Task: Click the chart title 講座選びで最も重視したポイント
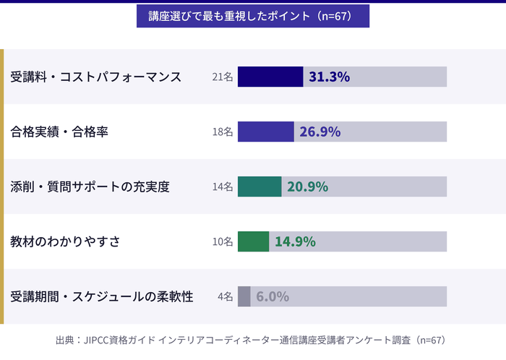pos(253,16)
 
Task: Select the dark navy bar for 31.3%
pos(270,77)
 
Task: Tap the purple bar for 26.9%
pos(265,132)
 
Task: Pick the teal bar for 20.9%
pos(260,187)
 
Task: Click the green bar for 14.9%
pos(253,241)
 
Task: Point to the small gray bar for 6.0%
pos(244,296)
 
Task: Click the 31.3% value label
pos(330,77)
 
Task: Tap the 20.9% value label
pos(308,187)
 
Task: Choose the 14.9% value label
pos(295,241)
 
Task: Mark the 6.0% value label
pos(273,296)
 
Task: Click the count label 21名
pos(223,77)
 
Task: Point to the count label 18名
pos(223,132)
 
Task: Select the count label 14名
pos(223,187)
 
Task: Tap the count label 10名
pos(223,241)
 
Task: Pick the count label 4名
pos(225,296)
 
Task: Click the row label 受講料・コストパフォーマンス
pos(96,77)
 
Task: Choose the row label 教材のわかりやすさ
pos(65,241)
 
